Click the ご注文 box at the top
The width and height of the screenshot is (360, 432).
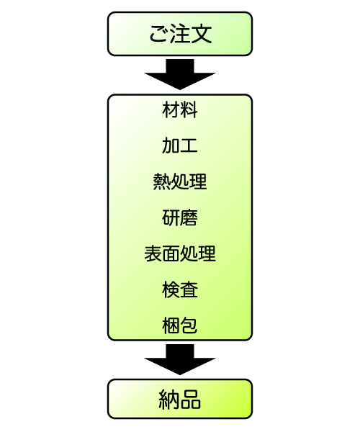(x=180, y=34)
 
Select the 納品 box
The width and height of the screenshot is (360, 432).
(x=180, y=399)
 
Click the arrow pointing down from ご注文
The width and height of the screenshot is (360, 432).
(x=180, y=74)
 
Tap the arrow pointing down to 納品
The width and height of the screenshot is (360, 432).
(x=180, y=359)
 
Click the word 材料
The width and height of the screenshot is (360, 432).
(x=180, y=109)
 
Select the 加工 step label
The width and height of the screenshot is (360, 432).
(x=180, y=145)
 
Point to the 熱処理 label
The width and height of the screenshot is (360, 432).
(x=180, y=181)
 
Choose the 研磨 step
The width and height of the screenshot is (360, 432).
(x=180, y=217)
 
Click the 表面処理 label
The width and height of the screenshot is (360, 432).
(x=180, y=253)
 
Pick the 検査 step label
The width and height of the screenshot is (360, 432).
(x=180, y=290)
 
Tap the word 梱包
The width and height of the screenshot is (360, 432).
(x=180, y=325)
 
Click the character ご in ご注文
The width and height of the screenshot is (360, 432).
(x=158, y=34)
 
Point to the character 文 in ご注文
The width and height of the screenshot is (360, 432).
(x=202, y=34)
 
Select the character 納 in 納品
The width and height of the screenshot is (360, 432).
(x=169, y=399)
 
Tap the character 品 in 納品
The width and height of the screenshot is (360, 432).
(x=191, y=399)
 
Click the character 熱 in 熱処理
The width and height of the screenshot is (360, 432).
(x=162, y=181)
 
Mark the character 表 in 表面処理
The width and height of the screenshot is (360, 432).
(x=153, y=253)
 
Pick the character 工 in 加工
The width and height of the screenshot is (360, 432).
(x=189, y=145)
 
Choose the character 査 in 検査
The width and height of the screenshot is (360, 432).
(x=189, y=290)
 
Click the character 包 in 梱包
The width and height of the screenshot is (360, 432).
(x=189, y=325)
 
